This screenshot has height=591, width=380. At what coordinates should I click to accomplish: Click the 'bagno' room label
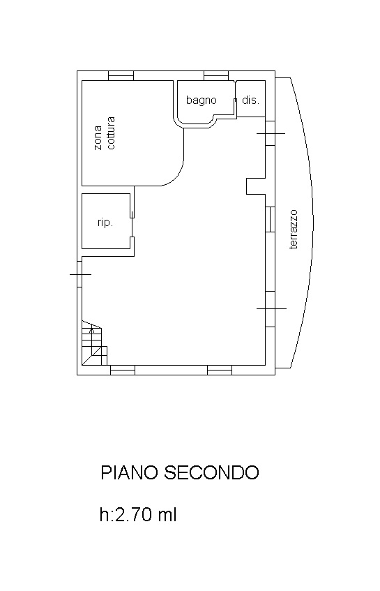201,100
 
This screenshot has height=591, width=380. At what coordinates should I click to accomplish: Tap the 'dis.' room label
251,100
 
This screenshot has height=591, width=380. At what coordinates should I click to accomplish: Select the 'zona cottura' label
105,133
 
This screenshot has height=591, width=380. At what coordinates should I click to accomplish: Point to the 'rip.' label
105,223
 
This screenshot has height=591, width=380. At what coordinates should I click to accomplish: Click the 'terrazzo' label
294,230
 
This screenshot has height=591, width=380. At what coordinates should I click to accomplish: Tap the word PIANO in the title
129,472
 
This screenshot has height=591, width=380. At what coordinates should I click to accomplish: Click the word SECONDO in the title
211,472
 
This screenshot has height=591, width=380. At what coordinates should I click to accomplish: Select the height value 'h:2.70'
126,514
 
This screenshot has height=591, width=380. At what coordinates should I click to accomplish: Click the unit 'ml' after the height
167,514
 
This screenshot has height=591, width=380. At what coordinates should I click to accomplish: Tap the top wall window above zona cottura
121,76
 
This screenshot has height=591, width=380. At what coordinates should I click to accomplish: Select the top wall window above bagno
216,76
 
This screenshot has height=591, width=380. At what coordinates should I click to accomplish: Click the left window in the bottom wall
123,370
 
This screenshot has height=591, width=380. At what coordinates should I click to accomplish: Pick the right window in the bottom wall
220,370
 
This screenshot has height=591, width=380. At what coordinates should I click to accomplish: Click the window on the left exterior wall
80,274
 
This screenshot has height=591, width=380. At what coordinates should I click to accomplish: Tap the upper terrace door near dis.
271,133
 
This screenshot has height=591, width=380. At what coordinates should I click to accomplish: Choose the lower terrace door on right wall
271,308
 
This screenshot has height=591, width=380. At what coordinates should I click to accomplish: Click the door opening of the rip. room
132,227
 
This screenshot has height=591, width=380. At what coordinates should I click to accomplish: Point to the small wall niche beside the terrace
256,186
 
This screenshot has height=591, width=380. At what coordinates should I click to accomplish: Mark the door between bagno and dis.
236,100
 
